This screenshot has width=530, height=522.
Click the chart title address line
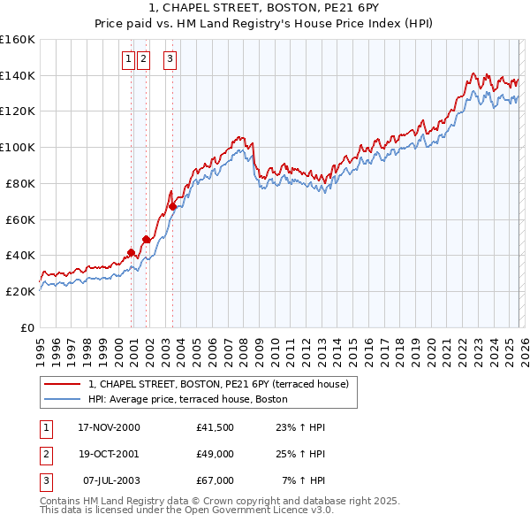click(x=265, y=9)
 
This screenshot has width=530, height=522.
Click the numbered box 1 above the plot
click(x=128, y=60)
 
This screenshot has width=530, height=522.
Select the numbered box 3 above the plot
click(x=169, y=60)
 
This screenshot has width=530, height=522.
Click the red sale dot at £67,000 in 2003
click(x=172, y=206)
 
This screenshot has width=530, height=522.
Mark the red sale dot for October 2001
click(x=146, y=239)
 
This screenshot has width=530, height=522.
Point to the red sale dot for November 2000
click(x=132, y=252)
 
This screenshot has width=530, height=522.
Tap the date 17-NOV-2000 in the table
click(x=109, y=427)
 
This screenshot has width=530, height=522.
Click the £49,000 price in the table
click(x=215, y=454)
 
